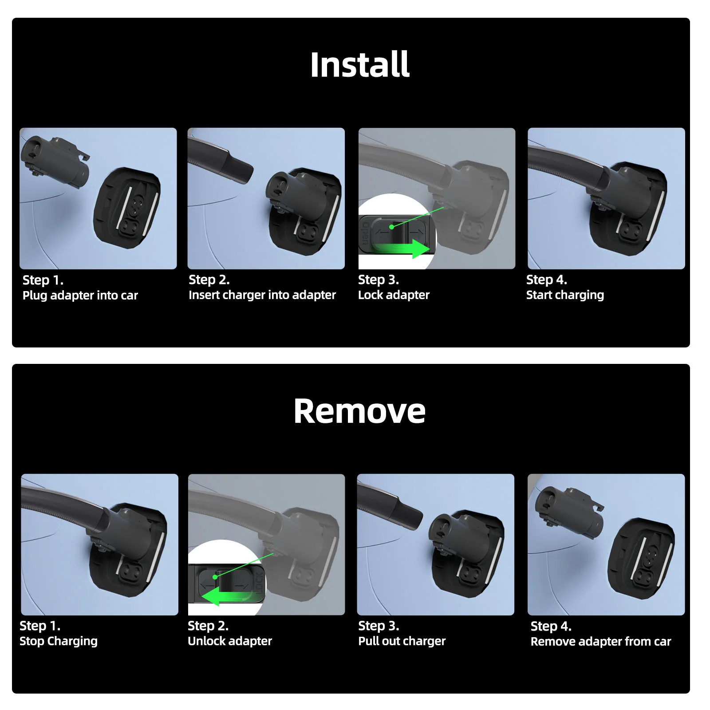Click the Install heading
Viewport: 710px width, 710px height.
pyautogui.click(x=359, y=65)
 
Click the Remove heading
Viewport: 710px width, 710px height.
pyautogui.click(x=359, y=411)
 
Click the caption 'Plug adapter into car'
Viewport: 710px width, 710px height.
pyautogui.click(x=80, y=296)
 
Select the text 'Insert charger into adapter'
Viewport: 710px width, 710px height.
pyautogui.click(x=262, y=295)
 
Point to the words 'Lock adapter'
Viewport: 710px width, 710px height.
pyautogui.click(x=394, y=295)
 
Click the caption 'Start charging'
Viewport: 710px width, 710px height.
pyautogui.click(x=565, y=295)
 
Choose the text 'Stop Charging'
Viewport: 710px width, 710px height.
pyautogui.click(x=59, y=641)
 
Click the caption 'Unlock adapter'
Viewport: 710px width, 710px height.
pyautogui.click(x=229, y=641)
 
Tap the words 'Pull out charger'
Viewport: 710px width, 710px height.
pyautogui.click(x=402, y=641)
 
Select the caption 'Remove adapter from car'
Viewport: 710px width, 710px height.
pyautogui.click(x=600, y=642)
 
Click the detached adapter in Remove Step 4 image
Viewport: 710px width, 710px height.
pyautogui.click(x=569, y=507)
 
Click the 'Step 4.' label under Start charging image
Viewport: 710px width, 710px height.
pyautogui.click(x=546, y=280)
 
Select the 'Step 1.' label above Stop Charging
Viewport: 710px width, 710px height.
pyautogui.click(x=40, y=626)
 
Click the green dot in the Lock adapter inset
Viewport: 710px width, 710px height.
pyautogui.click(x=392, y=227)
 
